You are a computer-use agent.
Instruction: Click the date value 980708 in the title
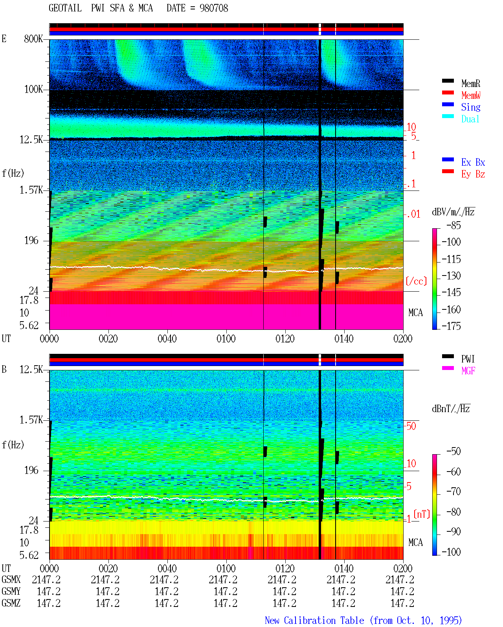tap(213, 8)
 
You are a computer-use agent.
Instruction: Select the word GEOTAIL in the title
tap(65, 8)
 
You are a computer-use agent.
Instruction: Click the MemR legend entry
tap(471, 83)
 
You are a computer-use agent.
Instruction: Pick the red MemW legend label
tap(471, 95)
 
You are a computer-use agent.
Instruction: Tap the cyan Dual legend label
tap(470, 119)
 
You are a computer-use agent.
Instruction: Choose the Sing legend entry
tap(471, 107)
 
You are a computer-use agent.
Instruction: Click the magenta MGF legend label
tap(468, 371)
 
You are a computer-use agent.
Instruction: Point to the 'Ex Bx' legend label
tap(473, 162)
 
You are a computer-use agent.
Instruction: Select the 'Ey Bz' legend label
tap(473, 174)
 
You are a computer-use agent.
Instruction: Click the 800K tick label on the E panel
tap(33, 39)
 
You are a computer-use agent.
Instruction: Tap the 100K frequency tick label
tap(33, 89)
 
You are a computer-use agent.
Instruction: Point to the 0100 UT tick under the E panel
tap(226, 338)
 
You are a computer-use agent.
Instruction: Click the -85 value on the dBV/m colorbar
tap(453, 225)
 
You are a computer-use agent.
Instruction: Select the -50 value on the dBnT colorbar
tap(453, 451)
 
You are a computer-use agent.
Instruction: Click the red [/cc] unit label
tap(416, 281)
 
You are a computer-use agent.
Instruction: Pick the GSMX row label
tap(11, 579)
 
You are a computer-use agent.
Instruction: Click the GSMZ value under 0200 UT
tap(402, 603)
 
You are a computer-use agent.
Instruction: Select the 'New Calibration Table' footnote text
tap(314, 620)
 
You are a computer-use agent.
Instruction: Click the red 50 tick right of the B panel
tap(411, 426)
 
